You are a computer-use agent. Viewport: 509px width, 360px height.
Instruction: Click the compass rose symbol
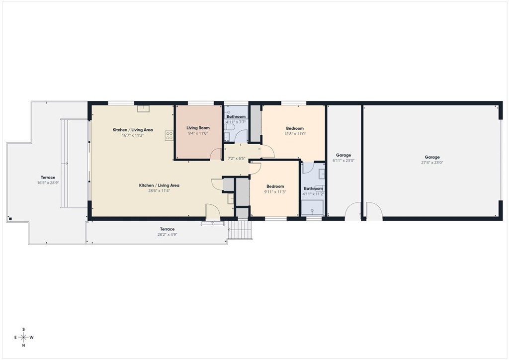point(23,337)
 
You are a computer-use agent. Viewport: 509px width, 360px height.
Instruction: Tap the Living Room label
point(198,128)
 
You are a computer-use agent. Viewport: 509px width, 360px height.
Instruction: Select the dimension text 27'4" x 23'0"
point(432,163)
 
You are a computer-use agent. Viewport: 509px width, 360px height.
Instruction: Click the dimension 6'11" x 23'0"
point(343,161)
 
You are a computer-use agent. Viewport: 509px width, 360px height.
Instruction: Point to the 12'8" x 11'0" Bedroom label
point(295,129)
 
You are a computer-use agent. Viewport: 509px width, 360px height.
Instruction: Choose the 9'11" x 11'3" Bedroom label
point(275,186)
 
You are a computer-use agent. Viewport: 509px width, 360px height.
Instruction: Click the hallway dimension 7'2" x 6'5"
point(236,159)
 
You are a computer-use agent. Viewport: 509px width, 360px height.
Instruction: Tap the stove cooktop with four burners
point(169,136)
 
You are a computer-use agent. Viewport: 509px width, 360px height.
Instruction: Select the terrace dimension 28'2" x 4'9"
point(168,235)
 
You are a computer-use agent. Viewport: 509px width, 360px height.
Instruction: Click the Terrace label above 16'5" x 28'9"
point(48,178)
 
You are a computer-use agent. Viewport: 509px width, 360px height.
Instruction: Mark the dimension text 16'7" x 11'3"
point(132,135)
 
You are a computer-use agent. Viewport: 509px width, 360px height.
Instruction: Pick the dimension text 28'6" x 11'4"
point(159,191)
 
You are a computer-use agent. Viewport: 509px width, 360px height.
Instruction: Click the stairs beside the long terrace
point(240,230)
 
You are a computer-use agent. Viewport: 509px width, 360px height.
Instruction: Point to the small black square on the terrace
point(10,218)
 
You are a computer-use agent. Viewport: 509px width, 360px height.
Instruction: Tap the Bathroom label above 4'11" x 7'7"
point(236,116)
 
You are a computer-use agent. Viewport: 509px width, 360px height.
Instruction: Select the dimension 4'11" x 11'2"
point(313,194)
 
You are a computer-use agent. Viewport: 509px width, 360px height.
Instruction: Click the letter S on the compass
point(23,330)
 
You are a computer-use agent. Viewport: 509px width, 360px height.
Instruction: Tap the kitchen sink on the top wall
point(143,109)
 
